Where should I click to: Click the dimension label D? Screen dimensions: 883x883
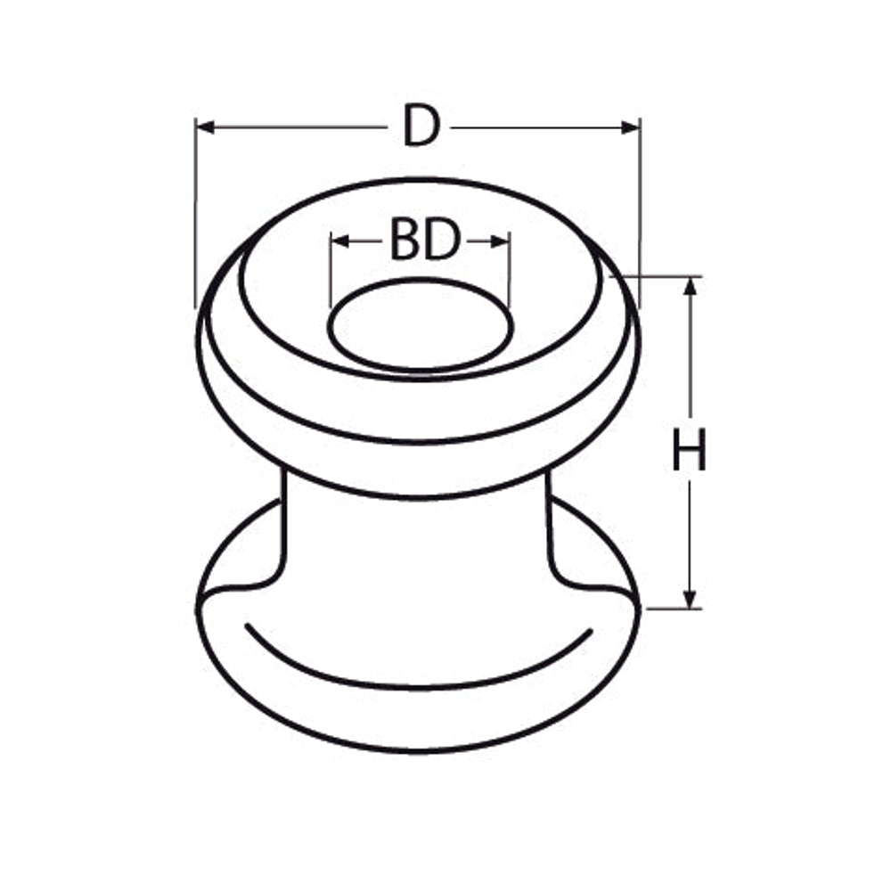(x=421, y=127)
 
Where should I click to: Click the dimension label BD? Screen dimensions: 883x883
(x=425, y=241)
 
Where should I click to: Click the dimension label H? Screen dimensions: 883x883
(x=690, y=449)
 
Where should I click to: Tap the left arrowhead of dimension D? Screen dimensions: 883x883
(x=206, y=127)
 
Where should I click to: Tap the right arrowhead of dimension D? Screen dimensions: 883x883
(x=630, y=127)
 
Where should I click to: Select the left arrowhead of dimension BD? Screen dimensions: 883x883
(x=340, y=241)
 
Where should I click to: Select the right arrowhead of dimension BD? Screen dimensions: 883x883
(x=500, y=242)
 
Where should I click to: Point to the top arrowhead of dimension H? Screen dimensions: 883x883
(x=690, y=287)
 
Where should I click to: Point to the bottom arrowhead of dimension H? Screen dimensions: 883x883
(x=690, y=599)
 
